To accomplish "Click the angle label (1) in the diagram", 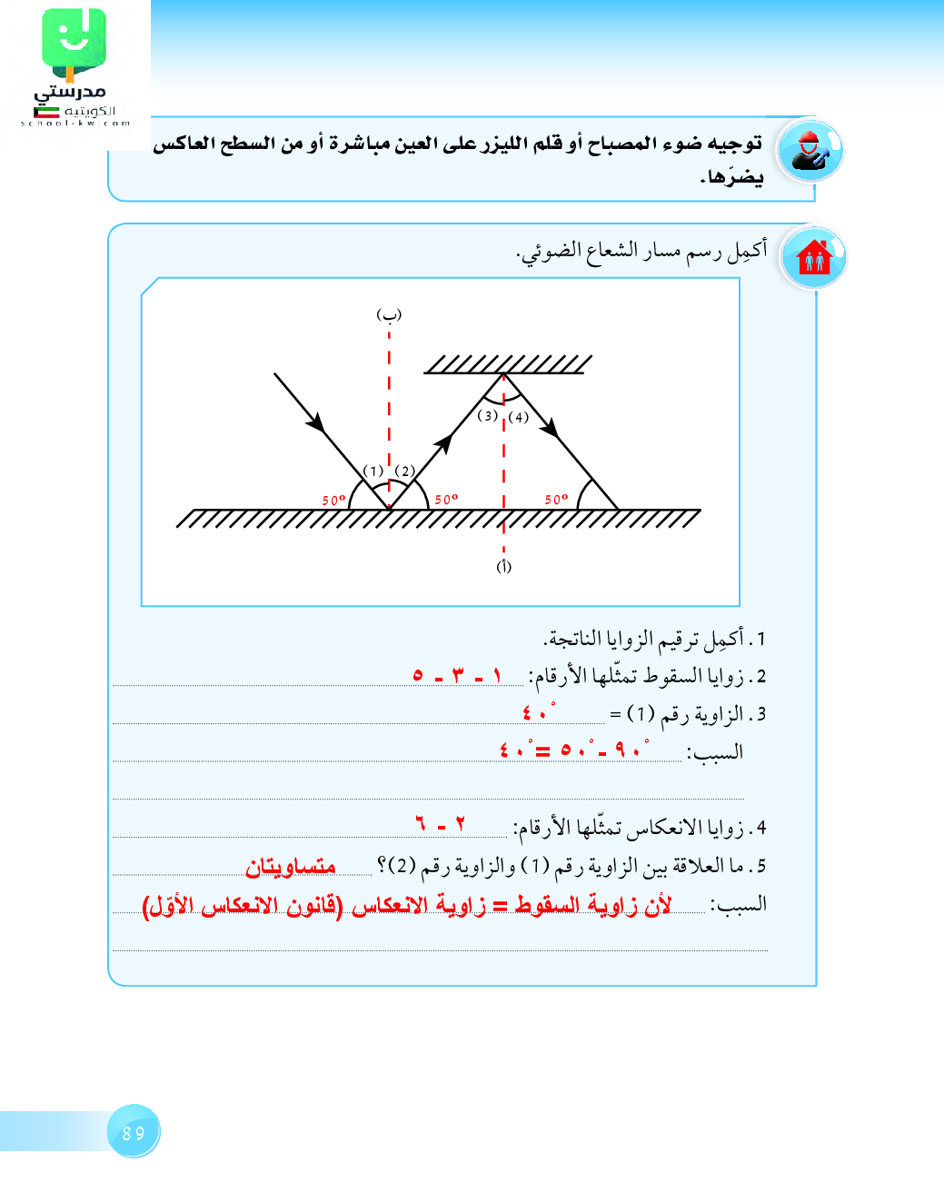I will point(373,471).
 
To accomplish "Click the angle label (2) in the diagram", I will point(404,471).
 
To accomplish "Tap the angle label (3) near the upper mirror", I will point(488,415).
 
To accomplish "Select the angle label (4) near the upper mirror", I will point(518,417).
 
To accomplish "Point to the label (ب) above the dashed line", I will point(389,314).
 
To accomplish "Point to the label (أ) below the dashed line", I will point(503,566).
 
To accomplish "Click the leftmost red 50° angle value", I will point(333,500).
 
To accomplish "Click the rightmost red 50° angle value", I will point(556,499).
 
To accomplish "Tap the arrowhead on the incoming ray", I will point(316,422).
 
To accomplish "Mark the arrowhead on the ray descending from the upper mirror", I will point(550,426).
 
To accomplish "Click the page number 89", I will point(134,1133).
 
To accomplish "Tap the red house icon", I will point(814,258).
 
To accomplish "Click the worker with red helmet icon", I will point(810,151).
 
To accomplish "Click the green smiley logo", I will point(74,41).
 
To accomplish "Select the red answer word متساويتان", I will point(291,867).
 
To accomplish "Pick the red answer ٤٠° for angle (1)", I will point(537,713).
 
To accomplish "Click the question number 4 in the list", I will point(760,828).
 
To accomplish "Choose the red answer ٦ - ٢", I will point(441,824).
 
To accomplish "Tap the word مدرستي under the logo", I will point(70,91).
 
